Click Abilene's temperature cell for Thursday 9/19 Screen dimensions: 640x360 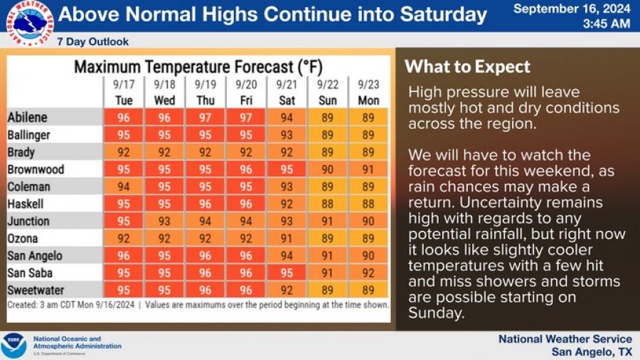pos(205,117)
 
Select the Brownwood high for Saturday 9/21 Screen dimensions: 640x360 pos(287,169)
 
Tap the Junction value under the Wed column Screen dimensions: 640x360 pos(164,221)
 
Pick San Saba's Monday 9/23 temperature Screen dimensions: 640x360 pos(368,272)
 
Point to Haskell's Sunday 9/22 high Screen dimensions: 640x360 pos(327,203)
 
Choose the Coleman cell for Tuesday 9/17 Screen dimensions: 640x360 pos(123,186)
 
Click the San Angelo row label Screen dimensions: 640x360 pos(35,256)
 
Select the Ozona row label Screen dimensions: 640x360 pos(23,238)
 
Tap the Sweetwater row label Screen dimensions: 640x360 pos(36,290)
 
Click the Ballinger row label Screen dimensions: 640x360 pos(29,135)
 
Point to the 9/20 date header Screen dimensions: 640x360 pos(246,85)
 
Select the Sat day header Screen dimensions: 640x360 pos(287,100)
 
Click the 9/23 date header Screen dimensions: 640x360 pos(368,85)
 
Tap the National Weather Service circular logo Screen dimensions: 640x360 pos(30,23)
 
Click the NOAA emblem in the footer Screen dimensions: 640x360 pos(14,346)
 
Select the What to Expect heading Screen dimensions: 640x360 pos(467,67)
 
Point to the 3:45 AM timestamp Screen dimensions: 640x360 pos(607,23)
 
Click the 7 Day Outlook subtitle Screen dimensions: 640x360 pos(93,42)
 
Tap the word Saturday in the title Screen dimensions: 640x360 pos(444,15)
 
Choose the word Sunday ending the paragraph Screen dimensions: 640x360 pos(437,313)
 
